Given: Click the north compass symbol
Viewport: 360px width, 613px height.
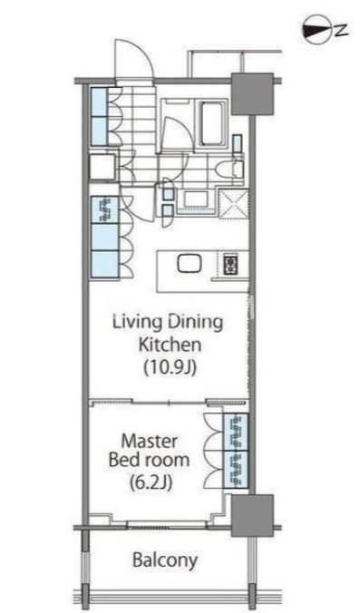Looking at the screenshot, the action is [316, 29].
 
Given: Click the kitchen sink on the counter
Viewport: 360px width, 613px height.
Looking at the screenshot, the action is [190, 263].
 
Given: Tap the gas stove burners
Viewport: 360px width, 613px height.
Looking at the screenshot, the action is [230, 265].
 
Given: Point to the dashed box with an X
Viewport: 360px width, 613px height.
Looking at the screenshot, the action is [233, 203].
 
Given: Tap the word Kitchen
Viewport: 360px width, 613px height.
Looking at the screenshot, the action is [170, 345].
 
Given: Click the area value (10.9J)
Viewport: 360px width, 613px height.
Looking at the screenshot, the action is [170, 367].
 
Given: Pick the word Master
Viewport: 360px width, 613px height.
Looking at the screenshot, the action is [149, 442].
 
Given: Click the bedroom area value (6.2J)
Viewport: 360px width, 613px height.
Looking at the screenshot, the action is [151, 482].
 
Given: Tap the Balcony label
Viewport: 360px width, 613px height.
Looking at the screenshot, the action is [165, 560].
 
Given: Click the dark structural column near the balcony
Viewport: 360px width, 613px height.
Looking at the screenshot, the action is [252, 516].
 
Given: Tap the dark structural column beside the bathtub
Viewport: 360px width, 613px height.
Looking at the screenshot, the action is [252, 94].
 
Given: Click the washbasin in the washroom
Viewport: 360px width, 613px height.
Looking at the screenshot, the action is [193, 199].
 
